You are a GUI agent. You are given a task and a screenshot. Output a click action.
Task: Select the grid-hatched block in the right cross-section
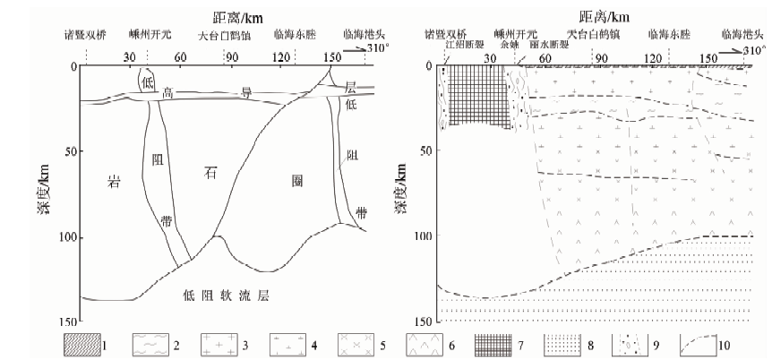coord(475,97)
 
